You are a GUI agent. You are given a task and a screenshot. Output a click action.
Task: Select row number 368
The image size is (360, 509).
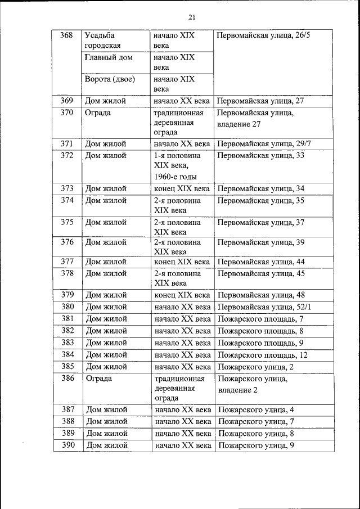click(66, 35)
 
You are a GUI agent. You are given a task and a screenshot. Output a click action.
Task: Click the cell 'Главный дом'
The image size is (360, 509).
click(109, 57)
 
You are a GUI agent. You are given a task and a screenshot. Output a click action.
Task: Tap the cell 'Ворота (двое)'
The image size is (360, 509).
click(110, 79)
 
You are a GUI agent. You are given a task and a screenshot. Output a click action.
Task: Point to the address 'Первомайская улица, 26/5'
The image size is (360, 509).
click(263, 35)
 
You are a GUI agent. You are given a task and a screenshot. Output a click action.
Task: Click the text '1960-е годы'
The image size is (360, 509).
click(175, 177)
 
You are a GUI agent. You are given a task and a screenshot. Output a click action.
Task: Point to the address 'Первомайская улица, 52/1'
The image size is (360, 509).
click(264, 307)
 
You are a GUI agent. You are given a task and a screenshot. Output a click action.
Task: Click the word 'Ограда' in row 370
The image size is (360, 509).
click(98, 112)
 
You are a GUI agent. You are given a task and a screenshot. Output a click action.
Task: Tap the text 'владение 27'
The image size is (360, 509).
click(240, 123)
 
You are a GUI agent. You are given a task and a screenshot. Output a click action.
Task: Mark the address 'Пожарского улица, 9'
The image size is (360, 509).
click(256, 445)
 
